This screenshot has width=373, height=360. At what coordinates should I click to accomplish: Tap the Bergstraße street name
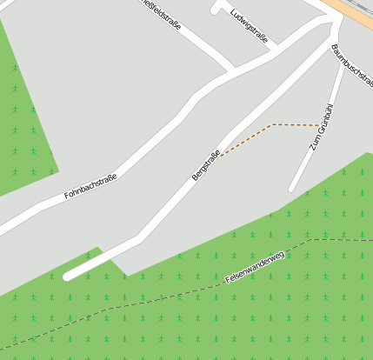(205, 165)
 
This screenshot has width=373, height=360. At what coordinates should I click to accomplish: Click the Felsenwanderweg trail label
(255, 267)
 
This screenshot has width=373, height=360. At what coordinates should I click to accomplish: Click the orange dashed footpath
(296, 125)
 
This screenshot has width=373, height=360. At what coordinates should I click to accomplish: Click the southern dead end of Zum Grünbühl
(293, 188)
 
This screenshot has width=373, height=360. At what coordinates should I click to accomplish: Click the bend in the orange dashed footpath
(274, 124)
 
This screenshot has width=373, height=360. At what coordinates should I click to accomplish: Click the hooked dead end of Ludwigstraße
(216, 10)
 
